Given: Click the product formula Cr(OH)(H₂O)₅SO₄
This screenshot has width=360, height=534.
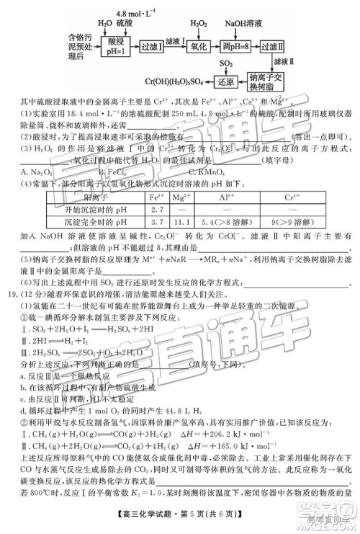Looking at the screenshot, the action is pyautogui.click(x=175, y=81).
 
